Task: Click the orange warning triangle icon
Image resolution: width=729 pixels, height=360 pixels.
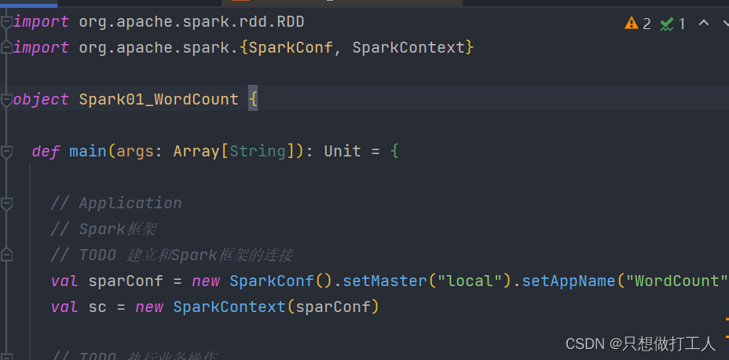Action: pos(632,23)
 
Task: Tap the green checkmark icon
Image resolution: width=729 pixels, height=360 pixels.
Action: pos(667,24)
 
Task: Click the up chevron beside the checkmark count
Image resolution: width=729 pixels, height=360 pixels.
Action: pos(704,23)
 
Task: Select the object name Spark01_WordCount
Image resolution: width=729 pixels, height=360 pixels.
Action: pos(159,99)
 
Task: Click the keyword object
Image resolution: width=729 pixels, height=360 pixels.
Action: pos(41,99)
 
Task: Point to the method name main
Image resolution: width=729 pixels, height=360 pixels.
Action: pos(88,151)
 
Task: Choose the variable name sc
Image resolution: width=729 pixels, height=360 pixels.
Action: pos(97,307)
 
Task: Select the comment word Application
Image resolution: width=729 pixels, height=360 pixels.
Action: pos(130,203)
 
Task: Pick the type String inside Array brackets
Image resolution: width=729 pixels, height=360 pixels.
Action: pos(258,151)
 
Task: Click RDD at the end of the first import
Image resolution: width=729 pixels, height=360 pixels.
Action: pos(291,21)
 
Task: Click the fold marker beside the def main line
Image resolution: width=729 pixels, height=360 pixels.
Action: pos(7,151)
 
